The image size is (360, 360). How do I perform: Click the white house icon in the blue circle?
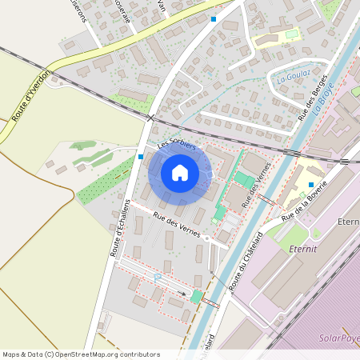(180, 173)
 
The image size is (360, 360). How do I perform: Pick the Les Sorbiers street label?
(177, 144)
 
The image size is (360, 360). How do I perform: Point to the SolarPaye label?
(338, 338)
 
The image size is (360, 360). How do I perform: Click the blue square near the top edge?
(213, 18)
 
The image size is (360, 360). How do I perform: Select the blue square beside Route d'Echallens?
(141, 157)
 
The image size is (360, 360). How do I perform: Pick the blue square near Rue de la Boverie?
(311, 185)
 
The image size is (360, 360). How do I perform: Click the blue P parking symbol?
(157, 277)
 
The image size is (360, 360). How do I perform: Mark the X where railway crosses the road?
(150, 118)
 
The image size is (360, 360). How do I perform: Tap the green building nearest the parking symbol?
(196, 296)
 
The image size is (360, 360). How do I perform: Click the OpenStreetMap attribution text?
(81, 354)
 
